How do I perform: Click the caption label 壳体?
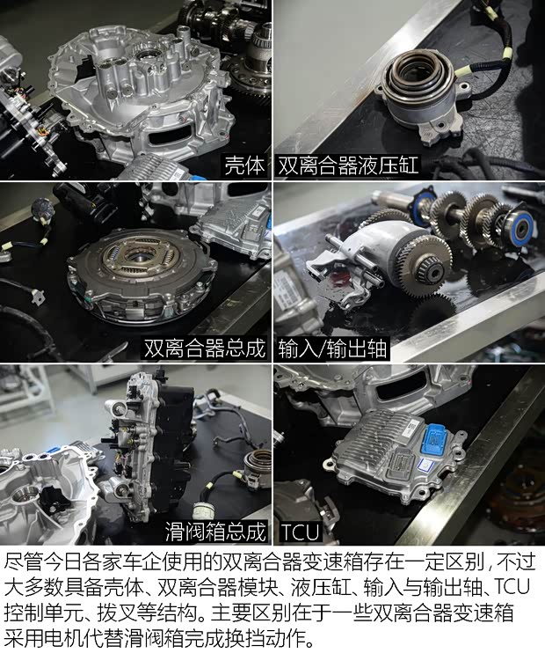tap(244, 165)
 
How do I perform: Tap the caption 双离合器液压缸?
tap(347, 165)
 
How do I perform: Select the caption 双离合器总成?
tap(204, 349)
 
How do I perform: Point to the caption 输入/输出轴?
tap(332, 349)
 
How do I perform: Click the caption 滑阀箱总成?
tap(214, 532)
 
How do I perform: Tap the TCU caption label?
tap(300, 532)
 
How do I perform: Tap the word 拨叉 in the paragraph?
tap(115, 613)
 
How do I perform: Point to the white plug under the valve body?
tap(205, 511)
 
